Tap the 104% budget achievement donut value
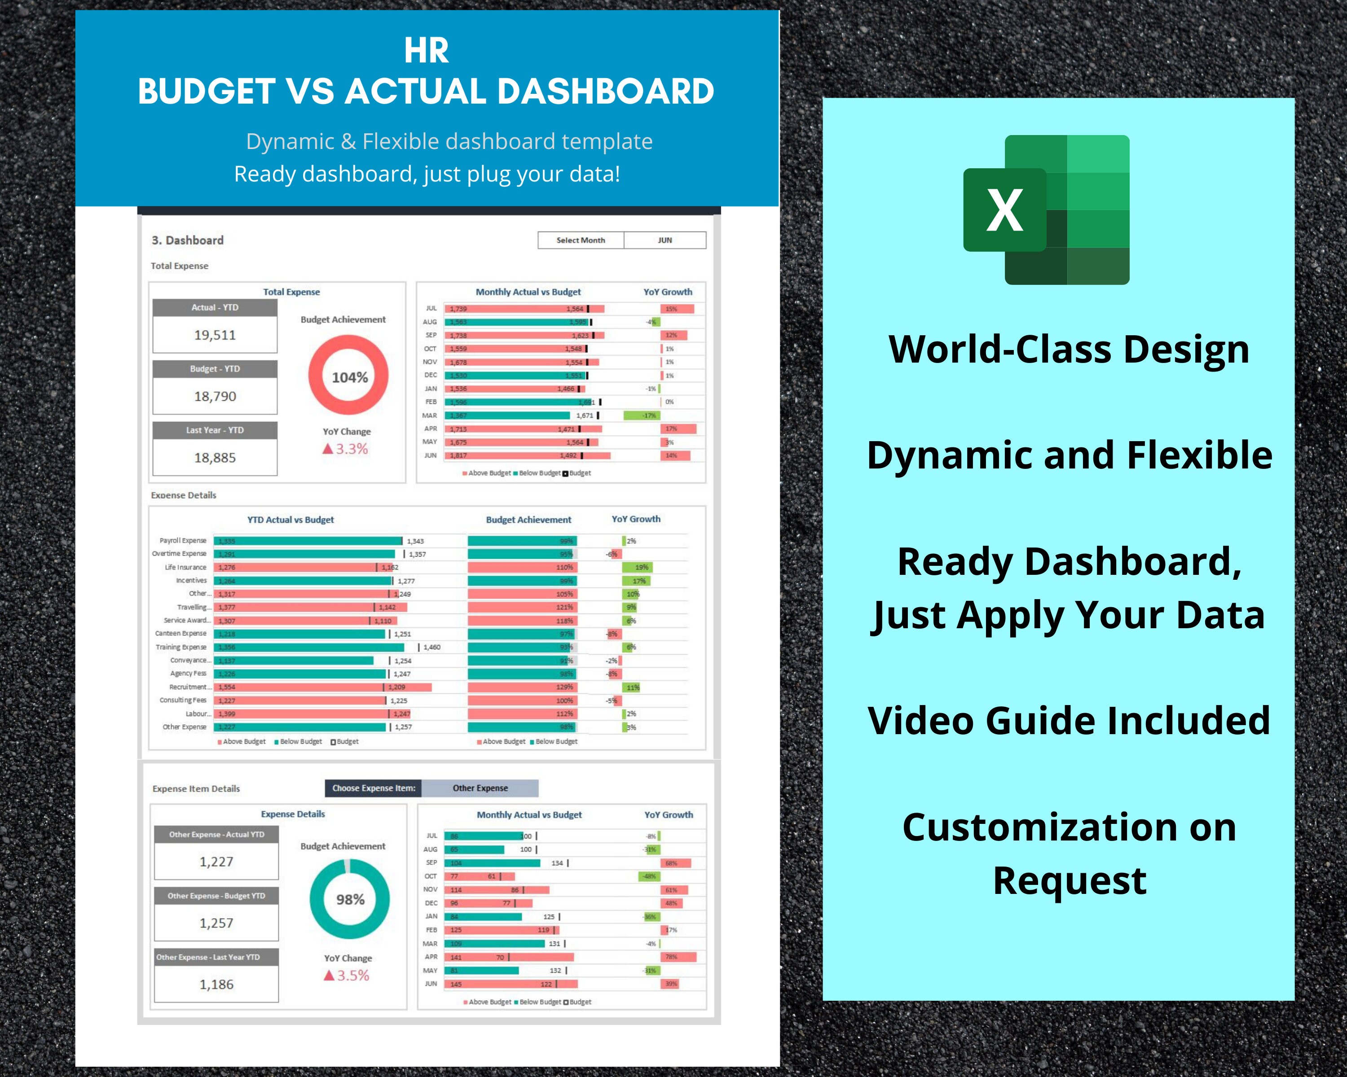point(349,377)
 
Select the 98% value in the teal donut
point(350,899)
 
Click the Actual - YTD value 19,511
point(215,335)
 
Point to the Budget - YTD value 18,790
point(215,396)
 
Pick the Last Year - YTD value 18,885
point(215,458)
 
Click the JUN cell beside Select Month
point(665,241)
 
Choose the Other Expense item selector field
point(480,788)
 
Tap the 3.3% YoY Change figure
point(351,449)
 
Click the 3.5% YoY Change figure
point(352,975)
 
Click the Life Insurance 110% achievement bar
point(522,568)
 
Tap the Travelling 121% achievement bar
point(522,607)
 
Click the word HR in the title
point(426,51)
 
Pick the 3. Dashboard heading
point(187,241)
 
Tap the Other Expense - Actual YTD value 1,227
point(216,862)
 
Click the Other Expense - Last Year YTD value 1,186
point(216,985)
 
